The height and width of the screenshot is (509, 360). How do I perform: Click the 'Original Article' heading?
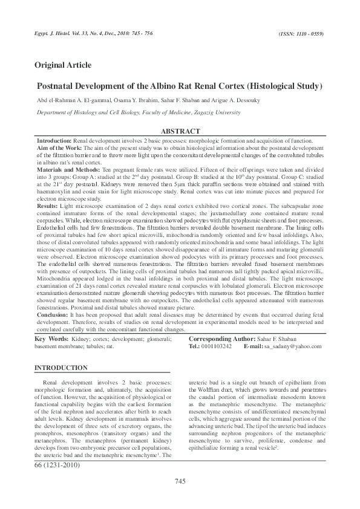pyautogui.click(x=63, y=65)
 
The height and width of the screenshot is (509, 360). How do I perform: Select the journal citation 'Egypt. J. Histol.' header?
pyautogui.click(x=58, y=35)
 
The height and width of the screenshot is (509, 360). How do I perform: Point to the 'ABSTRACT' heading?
pyautogui.click(x=180, y=131)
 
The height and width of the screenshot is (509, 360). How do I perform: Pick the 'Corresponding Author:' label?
pyautogui.click(x=224, y=339)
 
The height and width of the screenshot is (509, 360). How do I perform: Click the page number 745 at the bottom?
pyautogui.click(x=180, y=481)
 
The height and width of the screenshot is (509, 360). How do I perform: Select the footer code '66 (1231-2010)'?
pyautogui.click(x=58, y=465)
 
